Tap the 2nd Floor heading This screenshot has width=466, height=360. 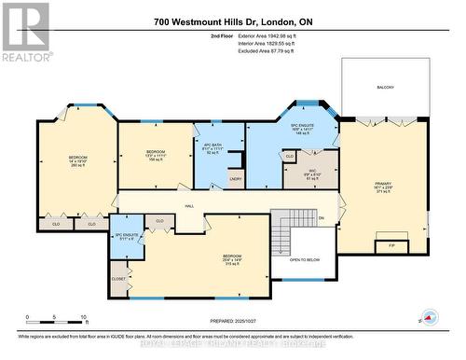click(223, 36)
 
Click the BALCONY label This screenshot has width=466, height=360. click(385, 89)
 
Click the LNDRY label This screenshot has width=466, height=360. click(235, 179)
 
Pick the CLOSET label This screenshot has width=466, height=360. click(118, 279)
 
